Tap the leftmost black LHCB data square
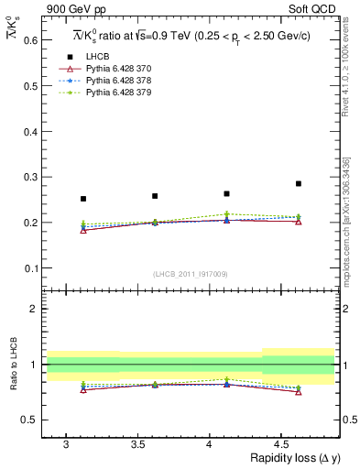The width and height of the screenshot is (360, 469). [83, 199]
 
